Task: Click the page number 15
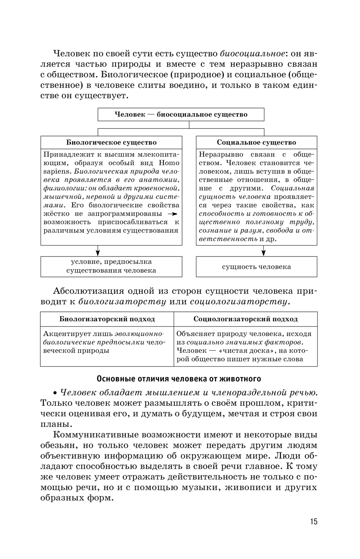[x=314, y=522]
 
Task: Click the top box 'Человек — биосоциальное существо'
[x=181, y=114]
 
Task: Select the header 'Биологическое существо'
[x=111, y=143]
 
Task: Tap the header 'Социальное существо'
[x=256, y=143]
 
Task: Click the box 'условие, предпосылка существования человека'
[x=111, y=266]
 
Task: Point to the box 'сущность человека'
[x=256, y=267]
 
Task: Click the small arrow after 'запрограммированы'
[x=174, y=214]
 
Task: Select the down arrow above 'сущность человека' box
[x=264, y=251]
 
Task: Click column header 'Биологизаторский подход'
[x=107, y=319]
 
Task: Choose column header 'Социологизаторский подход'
[x=246, y=319]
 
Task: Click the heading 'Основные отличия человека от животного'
[x=179, y=379]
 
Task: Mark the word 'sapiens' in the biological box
[x=55, y=171]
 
